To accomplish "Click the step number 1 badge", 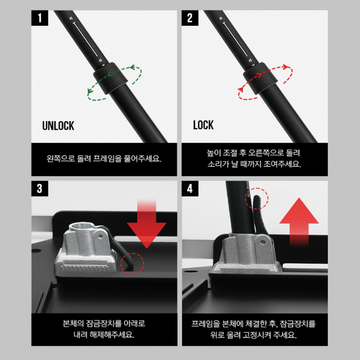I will (40, 18).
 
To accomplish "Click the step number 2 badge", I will (190, 18).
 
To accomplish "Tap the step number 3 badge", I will (40, 189).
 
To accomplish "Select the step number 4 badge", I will (190, 189).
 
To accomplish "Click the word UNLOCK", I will (58, 126).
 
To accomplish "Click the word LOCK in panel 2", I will (203, 125).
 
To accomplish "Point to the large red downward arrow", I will (147, 227).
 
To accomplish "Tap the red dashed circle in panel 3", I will (132, 263).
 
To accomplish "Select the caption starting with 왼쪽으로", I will (104, 158).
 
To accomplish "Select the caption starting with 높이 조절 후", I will (254, 159).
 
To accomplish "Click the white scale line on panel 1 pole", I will (86, 39).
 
